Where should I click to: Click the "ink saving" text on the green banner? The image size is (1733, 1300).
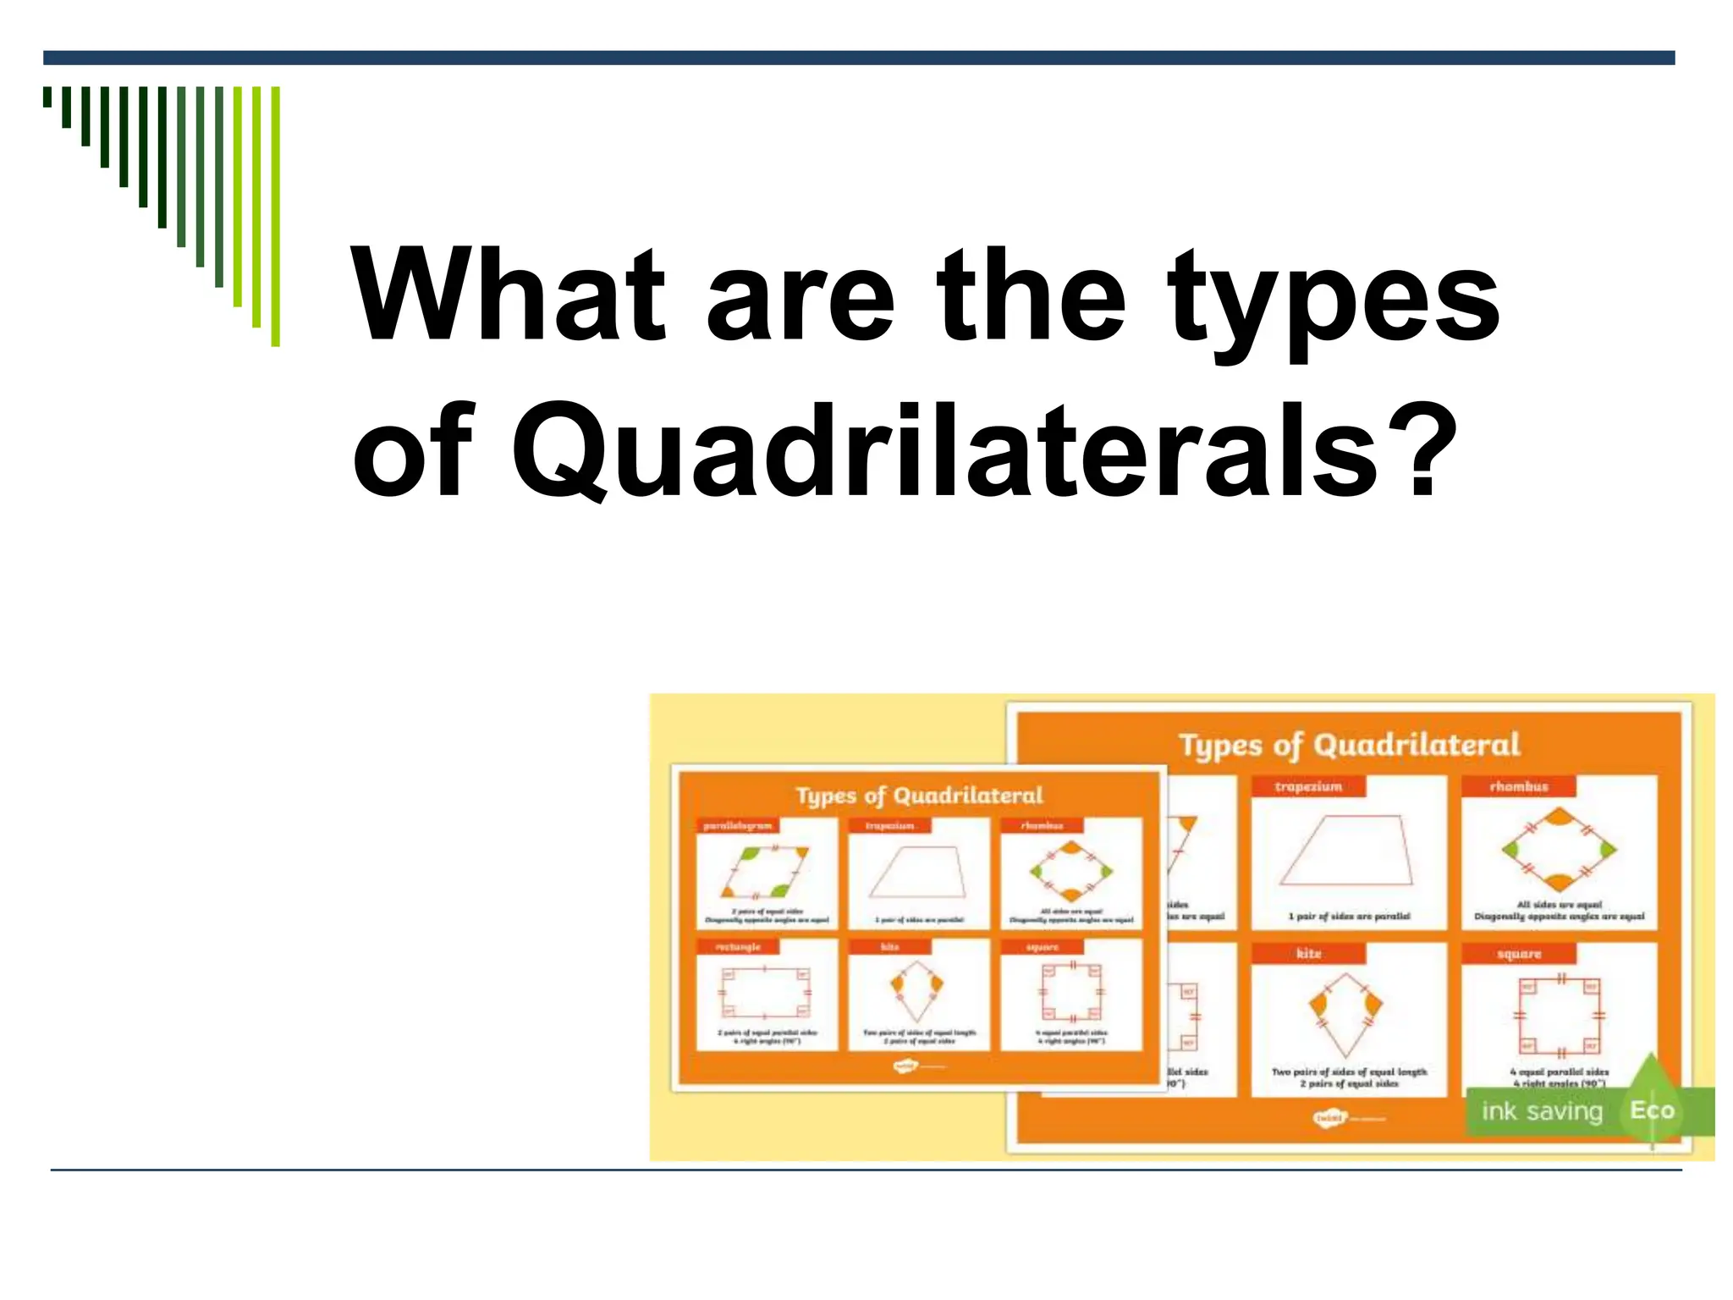(x=1542, y=1110)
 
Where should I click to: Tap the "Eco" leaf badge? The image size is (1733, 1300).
(x=1652, y=1110)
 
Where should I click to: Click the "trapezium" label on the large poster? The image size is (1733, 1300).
(x=1308, y=786)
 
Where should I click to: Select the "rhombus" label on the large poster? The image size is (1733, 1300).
(x=1518, y=786)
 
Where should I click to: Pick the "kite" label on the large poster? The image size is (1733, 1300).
(x=1308, y=953)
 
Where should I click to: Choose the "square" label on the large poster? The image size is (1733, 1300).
(x=1519, y=953)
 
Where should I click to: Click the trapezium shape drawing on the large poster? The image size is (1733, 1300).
(x=1347, y=850)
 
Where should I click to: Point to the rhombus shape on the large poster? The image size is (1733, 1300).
(x=1559, y=849)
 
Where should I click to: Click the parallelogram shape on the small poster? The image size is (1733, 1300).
(x=765, y=872)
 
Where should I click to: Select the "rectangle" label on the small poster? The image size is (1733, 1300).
(x=738, y=946)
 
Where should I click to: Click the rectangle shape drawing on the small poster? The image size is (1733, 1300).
(x=765, y=991)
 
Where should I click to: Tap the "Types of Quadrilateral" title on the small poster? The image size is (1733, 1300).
(x=919, y=796)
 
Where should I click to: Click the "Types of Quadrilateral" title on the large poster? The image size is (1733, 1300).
(x=1349, y=745)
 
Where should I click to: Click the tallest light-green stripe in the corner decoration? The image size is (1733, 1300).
(x=275, y=217)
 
